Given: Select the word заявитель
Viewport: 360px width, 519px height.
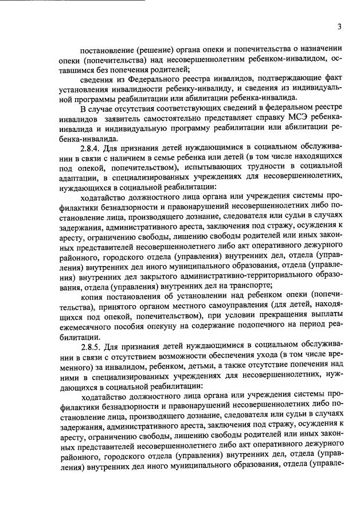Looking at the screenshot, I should pyautogui.click(x=132, y=130).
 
